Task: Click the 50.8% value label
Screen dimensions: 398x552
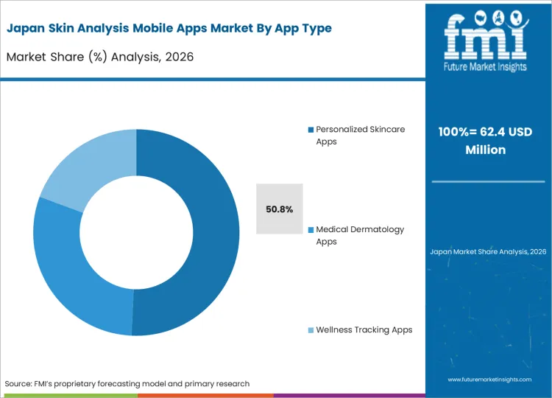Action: [x=280, y=209]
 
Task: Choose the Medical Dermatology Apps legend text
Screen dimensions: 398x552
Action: [x=360, y=235]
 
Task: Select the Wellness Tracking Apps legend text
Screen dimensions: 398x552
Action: [x=364, y=329]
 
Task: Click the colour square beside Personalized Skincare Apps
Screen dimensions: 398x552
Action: [x=311, y=130]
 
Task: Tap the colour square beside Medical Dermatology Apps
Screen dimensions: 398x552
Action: [x=311, y=230]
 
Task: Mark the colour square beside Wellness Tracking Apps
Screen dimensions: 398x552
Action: [x=311, y=330]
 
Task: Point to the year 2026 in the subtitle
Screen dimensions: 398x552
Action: [x=179, y=56]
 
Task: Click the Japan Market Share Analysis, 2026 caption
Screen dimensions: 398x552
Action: [x=488, y=251]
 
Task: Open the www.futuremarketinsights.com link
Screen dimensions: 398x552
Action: [x=489, y=379]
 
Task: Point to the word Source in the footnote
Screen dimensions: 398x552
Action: [x=21, y=383]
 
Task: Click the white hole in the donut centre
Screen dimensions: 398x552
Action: [x=136, y=232]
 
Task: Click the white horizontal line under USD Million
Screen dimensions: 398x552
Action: [x=488, y=181]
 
